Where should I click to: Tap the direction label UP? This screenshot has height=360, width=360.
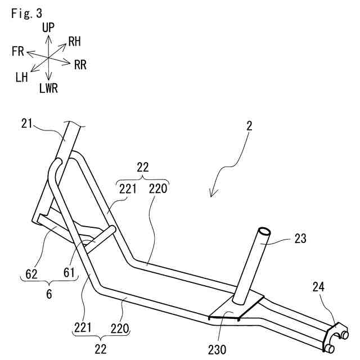tap(48, 27)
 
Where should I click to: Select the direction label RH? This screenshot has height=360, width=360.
tap(75, 41)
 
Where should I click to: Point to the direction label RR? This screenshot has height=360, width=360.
tap(80, 65)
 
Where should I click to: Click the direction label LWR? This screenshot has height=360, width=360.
tap(48, 88)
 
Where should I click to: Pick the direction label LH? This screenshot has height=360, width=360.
tap(22, 77)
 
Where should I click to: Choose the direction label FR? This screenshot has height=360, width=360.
tap(17, 52)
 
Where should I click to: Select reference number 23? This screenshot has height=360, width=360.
tap(300, 238)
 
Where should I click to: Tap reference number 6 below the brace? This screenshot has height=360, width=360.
tap(49, 294)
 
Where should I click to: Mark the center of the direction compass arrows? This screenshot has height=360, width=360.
tap(49, 57)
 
